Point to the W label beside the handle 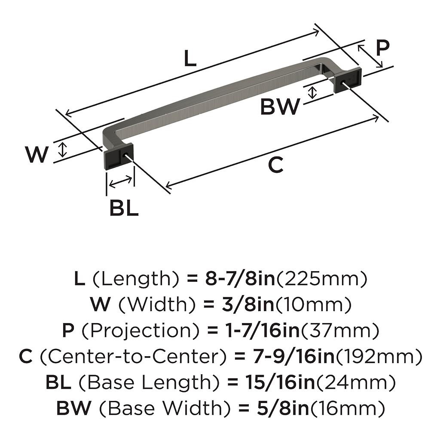[36, 154]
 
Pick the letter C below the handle [276, 165]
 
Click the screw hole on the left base [126, 154]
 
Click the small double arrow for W [63, 150]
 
